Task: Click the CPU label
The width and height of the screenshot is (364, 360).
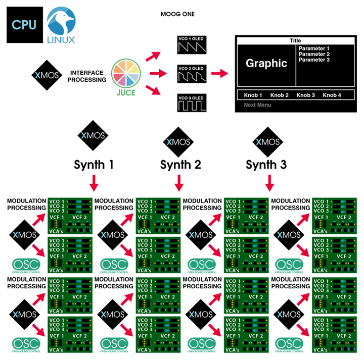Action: coord(24,24)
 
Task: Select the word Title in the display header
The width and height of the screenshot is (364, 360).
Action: coord(295,41)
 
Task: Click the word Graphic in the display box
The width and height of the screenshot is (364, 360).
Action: coord(266,64)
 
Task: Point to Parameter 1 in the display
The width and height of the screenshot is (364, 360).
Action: coord(314,48)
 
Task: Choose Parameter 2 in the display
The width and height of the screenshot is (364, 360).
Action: coord(314,54)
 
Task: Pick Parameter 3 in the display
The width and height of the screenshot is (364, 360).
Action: coord(314,60)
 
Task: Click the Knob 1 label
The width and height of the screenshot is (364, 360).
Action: coord(253,95)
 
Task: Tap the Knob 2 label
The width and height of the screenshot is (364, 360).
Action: coord(280,95)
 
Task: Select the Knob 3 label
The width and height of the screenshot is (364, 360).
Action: coord(306,95)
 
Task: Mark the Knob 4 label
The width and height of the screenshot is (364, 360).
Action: coord(332,95)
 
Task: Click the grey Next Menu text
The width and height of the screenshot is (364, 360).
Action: coord(257,105)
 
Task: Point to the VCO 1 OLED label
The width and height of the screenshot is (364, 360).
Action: coord(191,39)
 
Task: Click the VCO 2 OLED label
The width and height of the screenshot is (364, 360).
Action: coord(191,69)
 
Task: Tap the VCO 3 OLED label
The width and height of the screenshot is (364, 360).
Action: coord(191,98)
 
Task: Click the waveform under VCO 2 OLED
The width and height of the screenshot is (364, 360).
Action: coord(192,77)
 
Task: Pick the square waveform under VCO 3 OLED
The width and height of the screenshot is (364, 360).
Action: coord(192,106)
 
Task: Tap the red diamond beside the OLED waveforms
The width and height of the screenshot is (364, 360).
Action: coord(220,71)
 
